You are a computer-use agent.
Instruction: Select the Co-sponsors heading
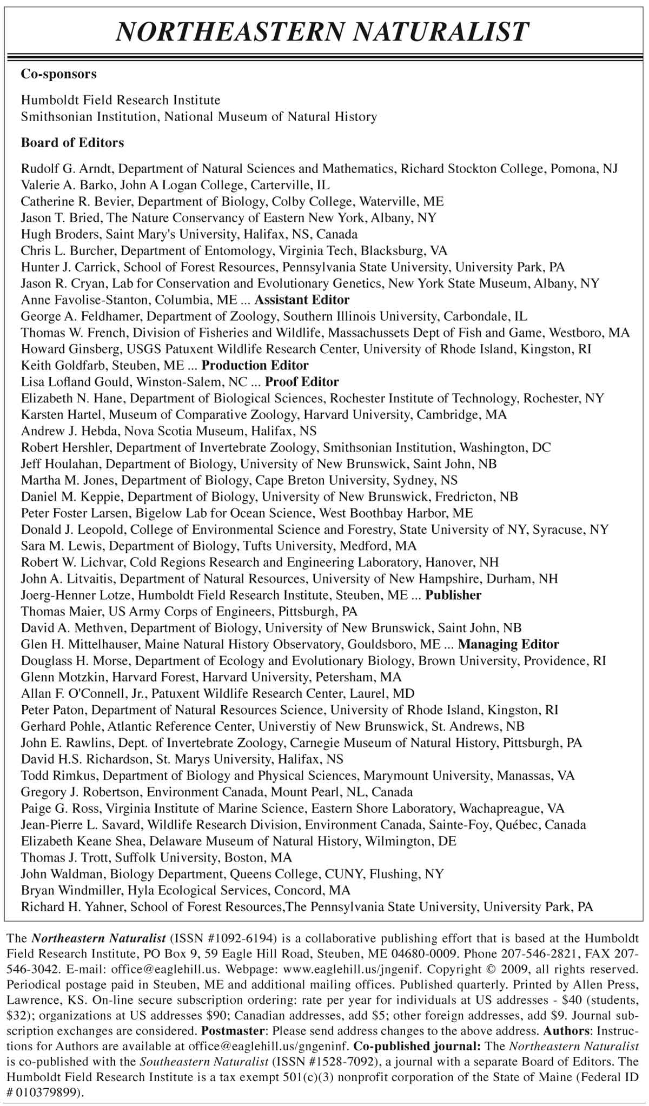pos(58,74)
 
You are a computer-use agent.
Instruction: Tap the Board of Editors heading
pos(72,143)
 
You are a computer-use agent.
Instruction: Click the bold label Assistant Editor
pos(302,300)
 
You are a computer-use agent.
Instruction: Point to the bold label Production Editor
pos(255,365)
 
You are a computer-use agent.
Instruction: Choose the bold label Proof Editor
pos(302,382)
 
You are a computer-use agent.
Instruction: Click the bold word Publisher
pos(453,595)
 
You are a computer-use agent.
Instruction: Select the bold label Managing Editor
pos(508,644)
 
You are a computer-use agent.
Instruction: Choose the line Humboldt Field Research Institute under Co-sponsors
pos(121,100)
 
